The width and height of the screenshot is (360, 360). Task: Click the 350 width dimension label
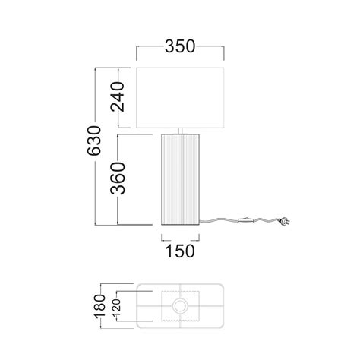(180, 47)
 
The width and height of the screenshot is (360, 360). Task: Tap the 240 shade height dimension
(118, 96)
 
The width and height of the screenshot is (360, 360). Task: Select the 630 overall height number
(94, 141)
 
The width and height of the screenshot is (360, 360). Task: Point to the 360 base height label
(118, 178)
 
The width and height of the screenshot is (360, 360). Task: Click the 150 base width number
(180, 251)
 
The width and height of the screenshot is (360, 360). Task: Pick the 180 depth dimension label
(99, 306)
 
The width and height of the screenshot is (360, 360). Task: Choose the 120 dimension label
(117, 306)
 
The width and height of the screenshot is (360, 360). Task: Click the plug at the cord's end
(284, 222)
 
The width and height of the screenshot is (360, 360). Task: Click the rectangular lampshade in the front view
(180, 98)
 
